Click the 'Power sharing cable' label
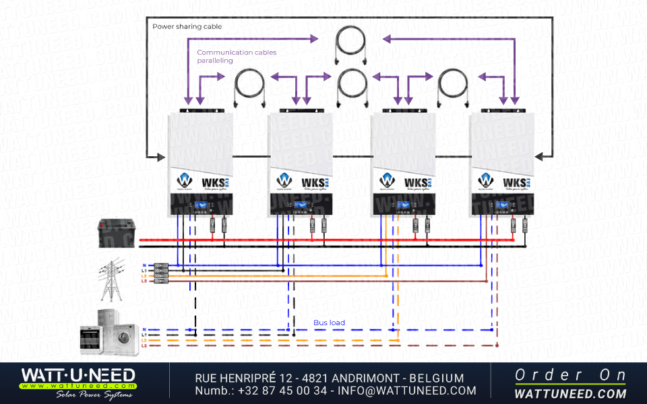pos(187,27)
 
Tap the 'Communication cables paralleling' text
pos(237,57)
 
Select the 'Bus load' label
pos(329,323)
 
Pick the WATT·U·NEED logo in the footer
pos(78,376)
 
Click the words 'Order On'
pos(570,375)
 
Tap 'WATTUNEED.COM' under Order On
pos(570,393)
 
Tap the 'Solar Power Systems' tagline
pos(94,395)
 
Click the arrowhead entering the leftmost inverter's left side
pos(162,157)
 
